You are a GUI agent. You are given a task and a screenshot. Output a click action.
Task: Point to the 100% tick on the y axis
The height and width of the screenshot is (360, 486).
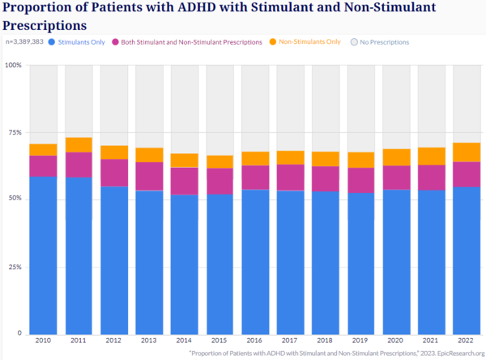14,65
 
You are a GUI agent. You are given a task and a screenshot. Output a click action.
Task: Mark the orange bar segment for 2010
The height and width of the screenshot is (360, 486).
43,149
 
